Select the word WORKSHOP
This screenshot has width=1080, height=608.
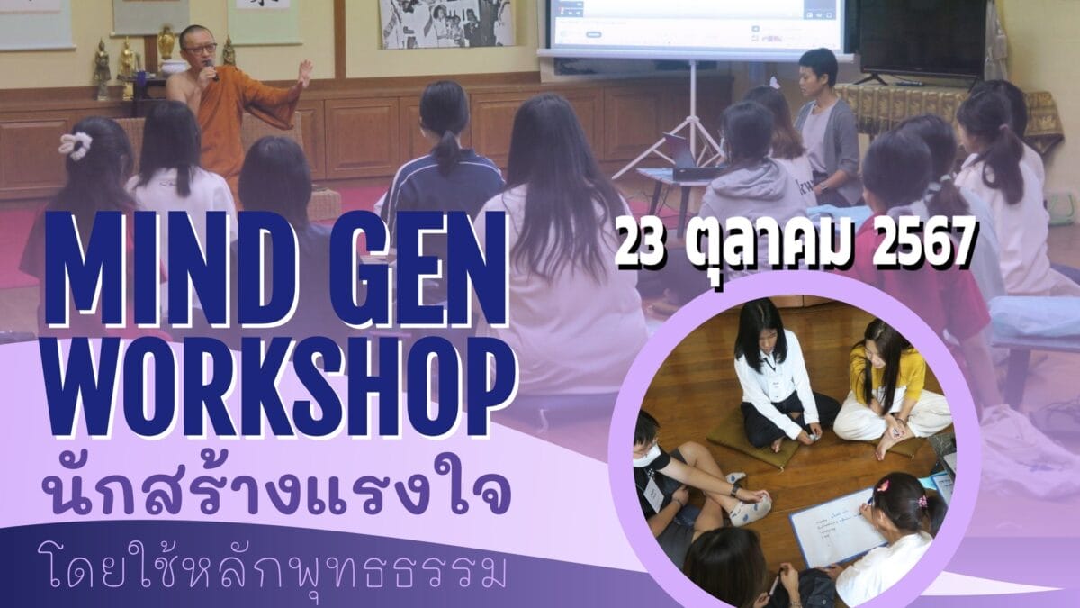click(280, 386)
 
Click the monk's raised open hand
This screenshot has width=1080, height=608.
click(305, 72)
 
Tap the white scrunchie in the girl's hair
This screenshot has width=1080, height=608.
click(76, 145)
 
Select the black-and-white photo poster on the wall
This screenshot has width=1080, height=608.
click(447, 23)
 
